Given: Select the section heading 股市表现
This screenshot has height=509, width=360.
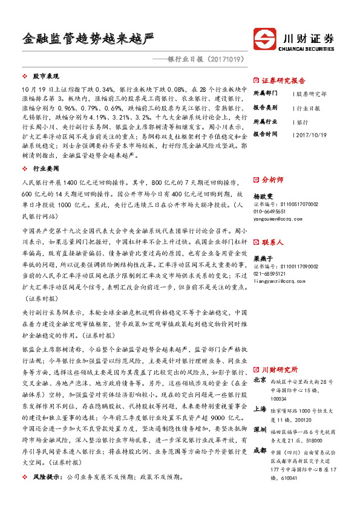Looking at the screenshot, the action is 46,77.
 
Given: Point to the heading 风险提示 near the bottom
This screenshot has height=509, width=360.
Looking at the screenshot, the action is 45,477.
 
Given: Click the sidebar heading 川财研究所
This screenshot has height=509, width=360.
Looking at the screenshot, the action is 280,369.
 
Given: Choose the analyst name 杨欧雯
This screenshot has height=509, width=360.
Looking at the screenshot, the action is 263,196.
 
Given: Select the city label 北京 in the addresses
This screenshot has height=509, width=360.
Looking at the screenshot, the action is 260,380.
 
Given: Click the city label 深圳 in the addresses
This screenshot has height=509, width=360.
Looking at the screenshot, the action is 260,429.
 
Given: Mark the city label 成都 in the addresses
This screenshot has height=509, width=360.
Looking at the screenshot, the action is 260,450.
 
